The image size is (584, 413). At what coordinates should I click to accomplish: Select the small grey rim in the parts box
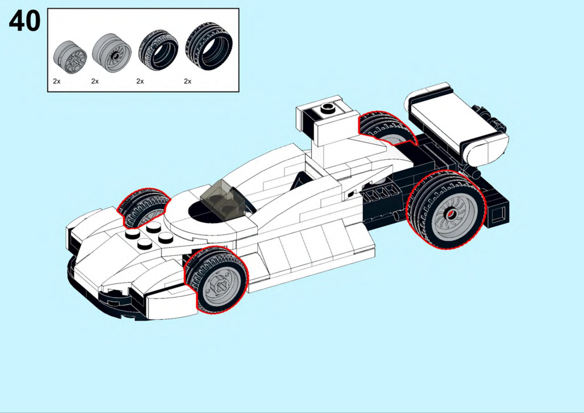(x=70, y=57)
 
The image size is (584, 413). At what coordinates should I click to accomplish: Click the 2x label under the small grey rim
(x=57, y=81)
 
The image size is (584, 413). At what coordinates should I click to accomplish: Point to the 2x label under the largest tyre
(x=188, y=81)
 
